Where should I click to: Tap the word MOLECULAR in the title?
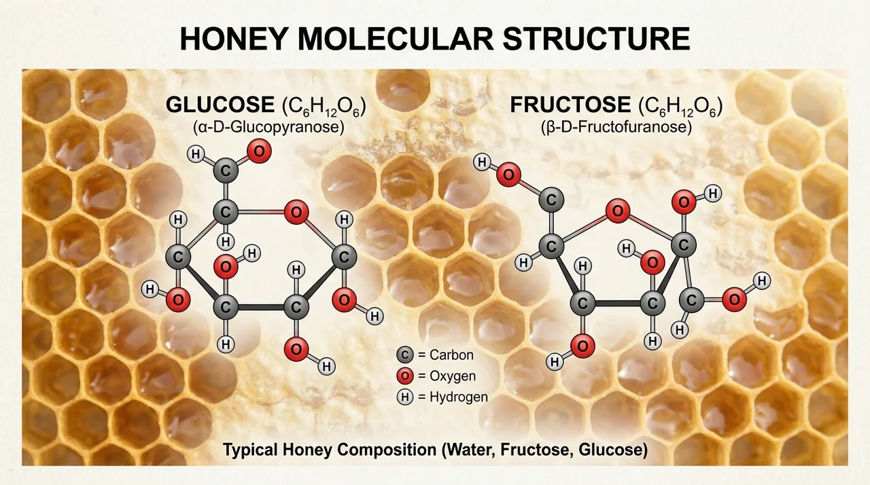click(x=396, y=39)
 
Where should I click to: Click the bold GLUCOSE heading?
click(x=220, y=105)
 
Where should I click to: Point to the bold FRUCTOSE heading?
click(x=570, y=105)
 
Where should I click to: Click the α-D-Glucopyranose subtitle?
click(x=268, y=127)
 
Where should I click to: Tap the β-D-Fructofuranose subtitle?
click(x=616, y=127)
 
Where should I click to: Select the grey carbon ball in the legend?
click(x=404, y=355)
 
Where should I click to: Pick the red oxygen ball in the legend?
click(x=404, y=376)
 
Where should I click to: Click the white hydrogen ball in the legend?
click(x=404, y=397)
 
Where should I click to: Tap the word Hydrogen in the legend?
click(x=459, y=397)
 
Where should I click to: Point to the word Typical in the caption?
click(x=251, y=450)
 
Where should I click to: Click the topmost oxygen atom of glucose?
click(x=259, y=151)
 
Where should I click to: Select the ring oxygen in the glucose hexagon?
click(x=296, y=212)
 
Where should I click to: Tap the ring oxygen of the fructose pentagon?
click(x=618, y=211)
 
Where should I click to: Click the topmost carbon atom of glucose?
click(x=226, y=170)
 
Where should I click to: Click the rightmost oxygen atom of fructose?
click(x=734, y=300)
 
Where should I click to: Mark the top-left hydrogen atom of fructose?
click(x=482, y=162)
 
